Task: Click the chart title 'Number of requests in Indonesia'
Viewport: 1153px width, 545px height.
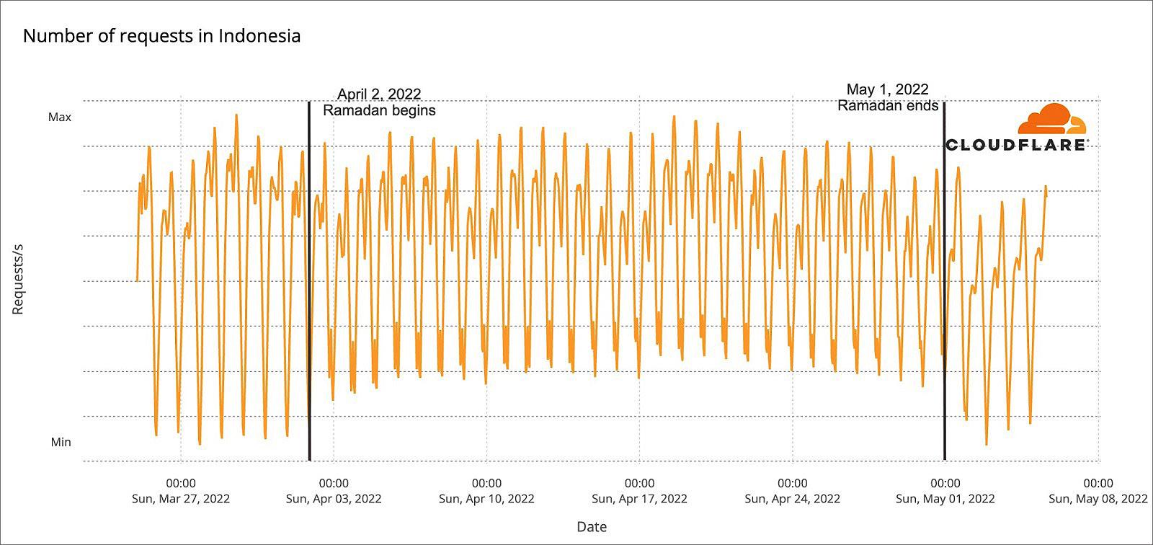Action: click(161, 36)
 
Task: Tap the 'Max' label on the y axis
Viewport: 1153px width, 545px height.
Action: click(60, 118)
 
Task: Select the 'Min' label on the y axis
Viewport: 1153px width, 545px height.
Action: click(61, 442)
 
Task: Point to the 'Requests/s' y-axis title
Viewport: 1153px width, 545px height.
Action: click(18, 280)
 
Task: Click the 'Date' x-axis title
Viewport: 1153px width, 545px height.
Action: click(592, 526)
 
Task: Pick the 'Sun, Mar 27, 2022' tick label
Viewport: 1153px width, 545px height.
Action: click(181, 499)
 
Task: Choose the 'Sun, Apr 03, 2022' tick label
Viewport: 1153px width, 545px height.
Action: click(334, 499)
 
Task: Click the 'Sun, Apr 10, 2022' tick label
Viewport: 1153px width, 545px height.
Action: click(486, 499)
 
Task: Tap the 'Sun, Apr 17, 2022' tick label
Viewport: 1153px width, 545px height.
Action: click(639, 499)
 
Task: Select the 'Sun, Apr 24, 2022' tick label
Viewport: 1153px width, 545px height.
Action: click(792, 499)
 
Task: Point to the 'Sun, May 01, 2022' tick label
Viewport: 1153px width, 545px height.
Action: click(945, 499)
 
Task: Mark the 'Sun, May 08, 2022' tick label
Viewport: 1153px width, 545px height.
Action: click(1098, 499)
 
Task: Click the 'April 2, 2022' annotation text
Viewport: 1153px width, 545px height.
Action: click(379, 94)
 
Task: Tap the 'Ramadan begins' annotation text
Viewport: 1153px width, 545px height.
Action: click(379, 110)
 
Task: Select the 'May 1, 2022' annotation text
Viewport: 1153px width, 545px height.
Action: click(887, 89)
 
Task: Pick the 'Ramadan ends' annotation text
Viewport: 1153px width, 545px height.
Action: click(888, 105)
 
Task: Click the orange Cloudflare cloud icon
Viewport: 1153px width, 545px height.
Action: click(1051, 119)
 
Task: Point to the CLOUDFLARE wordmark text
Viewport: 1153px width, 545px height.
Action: click(1015, 145)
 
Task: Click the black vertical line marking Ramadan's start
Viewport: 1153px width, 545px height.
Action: click(309, 280)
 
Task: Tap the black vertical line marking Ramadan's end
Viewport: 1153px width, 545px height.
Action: click(945, 280)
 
